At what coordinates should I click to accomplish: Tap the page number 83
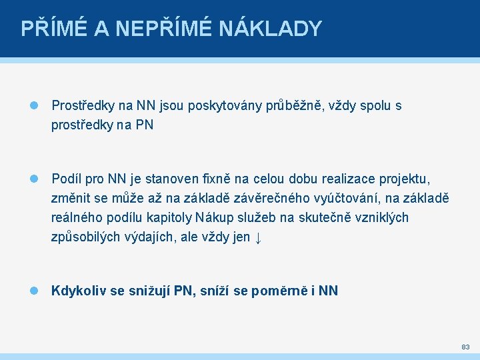click(x=465, y=347)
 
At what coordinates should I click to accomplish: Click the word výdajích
click(x=148, y=237)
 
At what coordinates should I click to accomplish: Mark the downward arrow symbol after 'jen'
click(x=259, y=237)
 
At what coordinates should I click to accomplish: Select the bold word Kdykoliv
click(x=79, y=291)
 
